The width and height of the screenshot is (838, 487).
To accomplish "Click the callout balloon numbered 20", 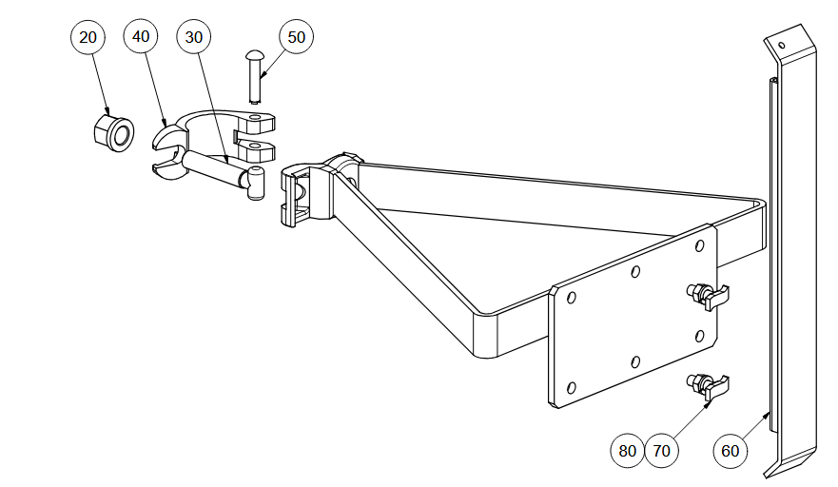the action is [88, 37].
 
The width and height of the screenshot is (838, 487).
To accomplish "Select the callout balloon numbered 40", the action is [141, 36].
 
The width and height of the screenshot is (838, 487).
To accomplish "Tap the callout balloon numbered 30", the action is [193, 37].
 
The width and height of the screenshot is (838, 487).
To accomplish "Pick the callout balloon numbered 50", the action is [296, 37].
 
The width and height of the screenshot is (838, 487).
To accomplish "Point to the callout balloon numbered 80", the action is [627, 451].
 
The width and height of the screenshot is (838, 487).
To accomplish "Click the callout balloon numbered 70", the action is [662, 451].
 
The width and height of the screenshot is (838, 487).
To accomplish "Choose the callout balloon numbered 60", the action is [731, 451].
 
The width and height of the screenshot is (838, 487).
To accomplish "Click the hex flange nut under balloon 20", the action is [114, 132].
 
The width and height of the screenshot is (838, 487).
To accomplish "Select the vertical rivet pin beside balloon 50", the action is [254, 76].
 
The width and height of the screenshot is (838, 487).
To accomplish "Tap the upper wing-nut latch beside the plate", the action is [708, 297].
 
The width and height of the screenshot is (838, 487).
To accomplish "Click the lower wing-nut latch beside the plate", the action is [708, 387].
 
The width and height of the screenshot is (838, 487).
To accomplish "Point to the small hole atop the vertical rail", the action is [781, 45].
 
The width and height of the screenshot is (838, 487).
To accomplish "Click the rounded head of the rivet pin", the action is [254, 54].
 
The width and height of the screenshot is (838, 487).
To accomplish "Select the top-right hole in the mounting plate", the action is [699, 246].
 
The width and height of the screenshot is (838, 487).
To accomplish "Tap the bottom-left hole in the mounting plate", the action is [571, 387].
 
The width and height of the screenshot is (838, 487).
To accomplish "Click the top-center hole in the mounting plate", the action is [635, 272].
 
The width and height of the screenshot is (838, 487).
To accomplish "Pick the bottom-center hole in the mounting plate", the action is [635, 361].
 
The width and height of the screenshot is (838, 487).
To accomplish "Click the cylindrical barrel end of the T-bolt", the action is [256, 184].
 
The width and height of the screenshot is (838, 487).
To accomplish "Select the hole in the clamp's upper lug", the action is [257, 117].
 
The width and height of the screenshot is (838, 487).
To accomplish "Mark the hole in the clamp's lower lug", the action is [257, 146].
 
